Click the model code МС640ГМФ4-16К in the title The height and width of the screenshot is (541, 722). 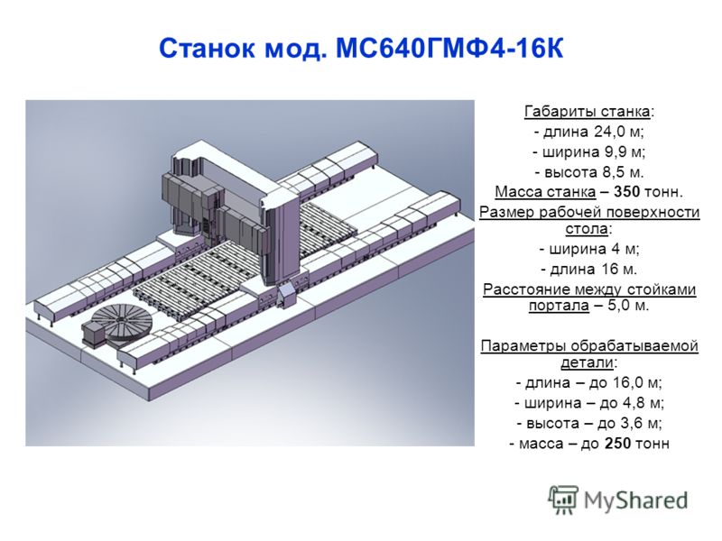pyautogui.click(x=449, y=48)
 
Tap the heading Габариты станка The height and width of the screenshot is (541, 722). pyautogui.click(x=588, y=112)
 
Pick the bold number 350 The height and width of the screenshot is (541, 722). pyautogui.click(x=626, y=192)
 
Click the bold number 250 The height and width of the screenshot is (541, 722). pyautogui.click(x=617, y=444)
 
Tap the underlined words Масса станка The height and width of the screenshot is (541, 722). pyautogui.click(x=545, y=192)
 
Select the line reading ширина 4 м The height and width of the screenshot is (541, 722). pyautogui.click(x=589, y=250)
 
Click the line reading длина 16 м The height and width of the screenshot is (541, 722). pyautogui.click(x=589, y=269)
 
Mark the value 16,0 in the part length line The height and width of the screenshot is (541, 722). pyautogui.click(x=628, y=382)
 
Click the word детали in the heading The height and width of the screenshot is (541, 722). pyautogui.click(x=588, y=362)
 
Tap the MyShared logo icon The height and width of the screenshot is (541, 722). pyautogui.click(x=562, y=500)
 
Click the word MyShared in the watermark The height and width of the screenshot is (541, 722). pyautogui.click(x=635, y=500)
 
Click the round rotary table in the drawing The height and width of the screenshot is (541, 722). pyautogui.click(x=123, y=325)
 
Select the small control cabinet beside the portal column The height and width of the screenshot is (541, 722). pyautogui.click(x=286, y=296)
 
